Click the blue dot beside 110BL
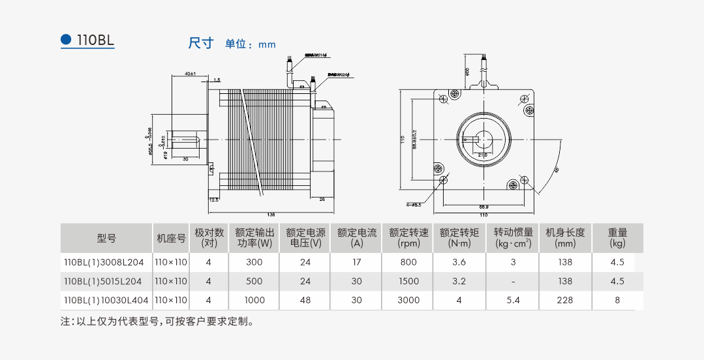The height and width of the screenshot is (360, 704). click(x=66, y=39)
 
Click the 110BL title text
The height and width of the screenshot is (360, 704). click(x=95, y=40)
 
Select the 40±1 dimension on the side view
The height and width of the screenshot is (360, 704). click(x=191, y=74)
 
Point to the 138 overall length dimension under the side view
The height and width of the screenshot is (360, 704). click(x=271, y=214)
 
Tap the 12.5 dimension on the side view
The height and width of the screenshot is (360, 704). click(x=213, y=200)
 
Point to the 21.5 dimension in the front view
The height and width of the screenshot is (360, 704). click(x=483, y=155)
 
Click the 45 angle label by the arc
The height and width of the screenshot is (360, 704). click(x=557, y=170)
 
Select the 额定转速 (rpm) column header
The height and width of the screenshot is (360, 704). click(x=408, y=237)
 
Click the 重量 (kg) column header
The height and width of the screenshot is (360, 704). click(x=617, y=237)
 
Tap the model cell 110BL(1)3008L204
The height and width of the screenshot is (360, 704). click(x=102, y=262)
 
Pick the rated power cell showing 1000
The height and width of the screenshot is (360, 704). click(x=254, y=300)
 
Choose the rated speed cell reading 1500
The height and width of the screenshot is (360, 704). click(x=408, y=281)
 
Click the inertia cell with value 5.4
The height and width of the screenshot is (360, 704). click(x=513, y=300)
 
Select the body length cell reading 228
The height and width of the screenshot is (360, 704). click(x=565, y=300)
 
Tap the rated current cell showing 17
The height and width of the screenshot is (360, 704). click(x=356, y=262)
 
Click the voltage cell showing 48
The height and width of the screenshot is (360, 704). click(x=305, y=300)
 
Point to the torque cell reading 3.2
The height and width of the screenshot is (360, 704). click(x=459, y=281)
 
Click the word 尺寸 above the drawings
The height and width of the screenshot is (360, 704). click(x=201, y=44)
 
